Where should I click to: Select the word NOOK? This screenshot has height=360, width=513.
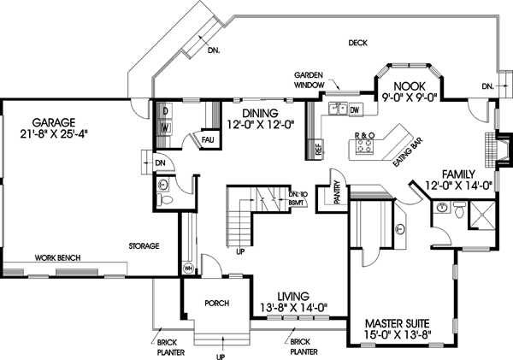(x=408, y=86)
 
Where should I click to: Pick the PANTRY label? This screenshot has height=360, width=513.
(x=337, y=194)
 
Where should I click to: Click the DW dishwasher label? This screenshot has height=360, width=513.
(x=354, y=109)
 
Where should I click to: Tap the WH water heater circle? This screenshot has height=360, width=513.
(x=188, y=269)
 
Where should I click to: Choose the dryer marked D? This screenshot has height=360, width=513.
(x=166, y=111)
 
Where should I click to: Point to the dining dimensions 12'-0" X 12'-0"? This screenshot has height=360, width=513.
(x=259, y=125)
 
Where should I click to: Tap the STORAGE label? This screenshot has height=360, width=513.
(x=143, y=246)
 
